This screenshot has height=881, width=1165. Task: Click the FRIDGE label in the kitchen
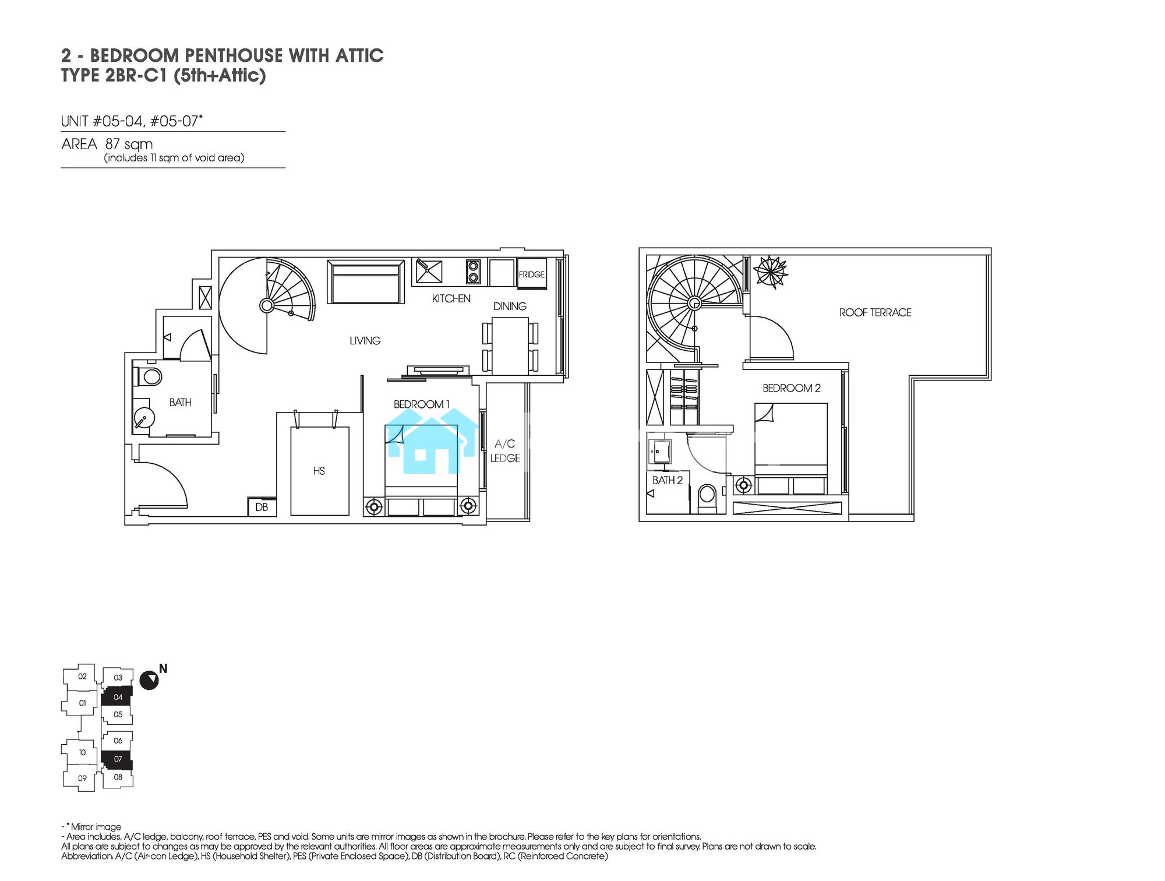[532, 274]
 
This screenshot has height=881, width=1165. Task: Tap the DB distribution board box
[262, 507]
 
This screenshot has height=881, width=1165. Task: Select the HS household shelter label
[319, 471]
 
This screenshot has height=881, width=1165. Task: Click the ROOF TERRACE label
[875, 312]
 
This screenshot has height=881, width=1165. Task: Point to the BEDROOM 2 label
[792, 388]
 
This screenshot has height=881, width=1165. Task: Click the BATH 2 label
[668, 480]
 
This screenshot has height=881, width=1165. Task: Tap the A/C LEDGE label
[505, 451]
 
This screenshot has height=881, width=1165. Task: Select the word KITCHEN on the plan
[451, 298]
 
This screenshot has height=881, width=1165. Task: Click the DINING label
[510, 306]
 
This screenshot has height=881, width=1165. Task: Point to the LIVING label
[365, 340]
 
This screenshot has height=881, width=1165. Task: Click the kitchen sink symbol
[428, 272]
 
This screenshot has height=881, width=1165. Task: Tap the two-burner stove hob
[473, 272]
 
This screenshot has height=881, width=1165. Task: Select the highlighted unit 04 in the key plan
[117, 696]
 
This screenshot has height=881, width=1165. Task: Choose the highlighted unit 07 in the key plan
[117, 759]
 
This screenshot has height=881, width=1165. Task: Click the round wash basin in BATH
[143, 417]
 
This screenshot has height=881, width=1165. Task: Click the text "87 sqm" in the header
[129, 144]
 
